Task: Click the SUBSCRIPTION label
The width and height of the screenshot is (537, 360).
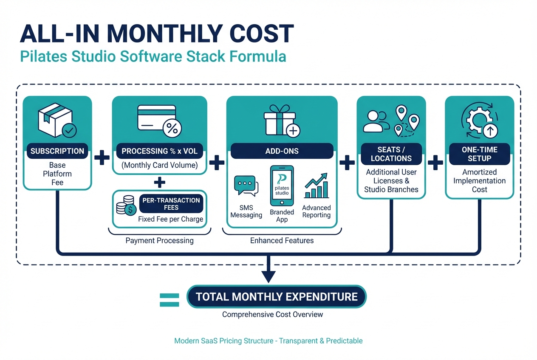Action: click(x=57, y=151)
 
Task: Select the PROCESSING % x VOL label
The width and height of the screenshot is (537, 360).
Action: click(x=159, y=151)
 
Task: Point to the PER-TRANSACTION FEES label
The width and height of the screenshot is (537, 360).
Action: click(x=171, y=204)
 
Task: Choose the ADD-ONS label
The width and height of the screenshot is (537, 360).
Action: click(x=282, y=151)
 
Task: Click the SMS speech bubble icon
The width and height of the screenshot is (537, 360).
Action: click(x=246, y=186)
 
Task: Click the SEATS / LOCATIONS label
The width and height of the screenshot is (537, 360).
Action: click(x=391, y=154)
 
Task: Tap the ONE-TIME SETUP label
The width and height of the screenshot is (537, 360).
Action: click(x=479, y=154)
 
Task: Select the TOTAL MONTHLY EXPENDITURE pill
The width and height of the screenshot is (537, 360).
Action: click(x=277, y=296)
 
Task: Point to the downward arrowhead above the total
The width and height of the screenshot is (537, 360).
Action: click(x=268, y=276)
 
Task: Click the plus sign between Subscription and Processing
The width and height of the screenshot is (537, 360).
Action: click(x=102, y=159)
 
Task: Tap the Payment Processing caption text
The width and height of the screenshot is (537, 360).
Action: click(x=159, y=241)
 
